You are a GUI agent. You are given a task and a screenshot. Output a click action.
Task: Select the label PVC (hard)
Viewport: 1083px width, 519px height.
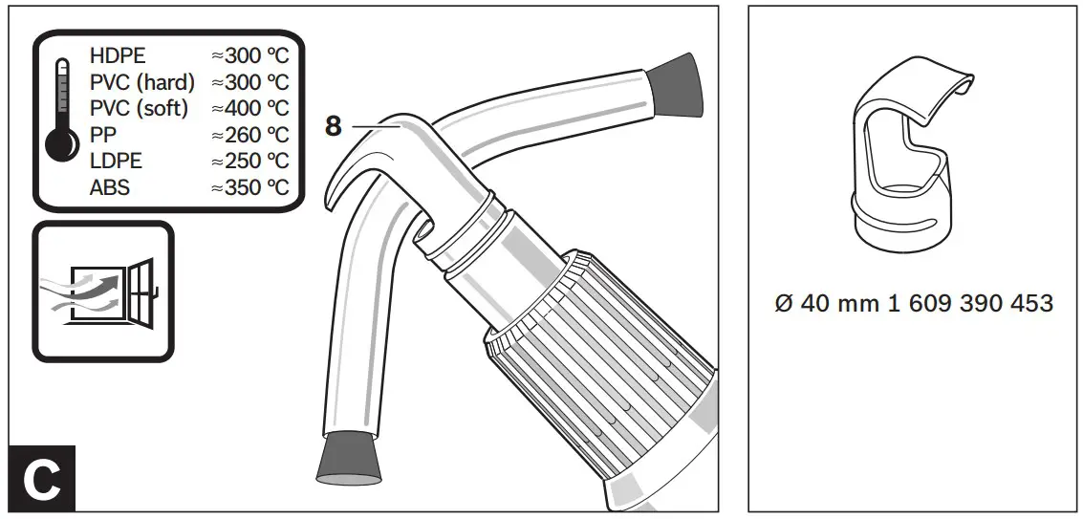(x=141, y=82)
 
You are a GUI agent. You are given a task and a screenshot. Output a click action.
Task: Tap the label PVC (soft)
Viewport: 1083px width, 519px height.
(x=139, y=108)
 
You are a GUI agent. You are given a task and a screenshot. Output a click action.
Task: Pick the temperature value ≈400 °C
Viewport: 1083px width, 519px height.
(x=249, y=108)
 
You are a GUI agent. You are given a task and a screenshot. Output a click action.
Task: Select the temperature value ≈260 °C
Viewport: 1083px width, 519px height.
(x=249, y=135)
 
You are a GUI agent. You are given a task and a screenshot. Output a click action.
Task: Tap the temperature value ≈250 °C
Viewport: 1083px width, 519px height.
(x=249, y=161)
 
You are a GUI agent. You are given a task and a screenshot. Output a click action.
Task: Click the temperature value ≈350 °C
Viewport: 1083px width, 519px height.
(x=249, y=187)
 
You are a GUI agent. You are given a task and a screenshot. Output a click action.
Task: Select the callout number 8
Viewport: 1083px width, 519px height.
(x=333, y=127)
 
